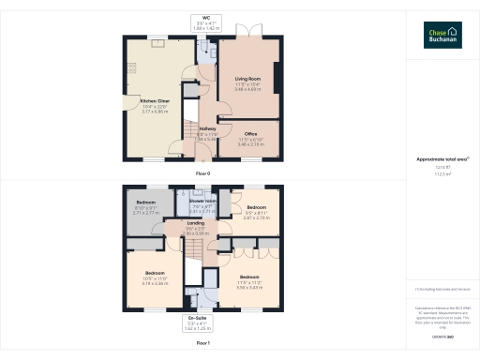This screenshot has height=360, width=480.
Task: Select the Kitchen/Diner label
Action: (x=156, y=105)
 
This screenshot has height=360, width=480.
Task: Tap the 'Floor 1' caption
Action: (x=203, y=344)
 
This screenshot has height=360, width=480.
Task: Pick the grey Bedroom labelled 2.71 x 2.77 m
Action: (x=146, y=207)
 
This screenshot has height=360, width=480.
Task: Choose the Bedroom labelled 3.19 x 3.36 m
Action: (x=155, y=277)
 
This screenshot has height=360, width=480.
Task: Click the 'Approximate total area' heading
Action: (x=442, y=159)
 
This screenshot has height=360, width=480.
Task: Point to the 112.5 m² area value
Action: (x=442, y=173)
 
